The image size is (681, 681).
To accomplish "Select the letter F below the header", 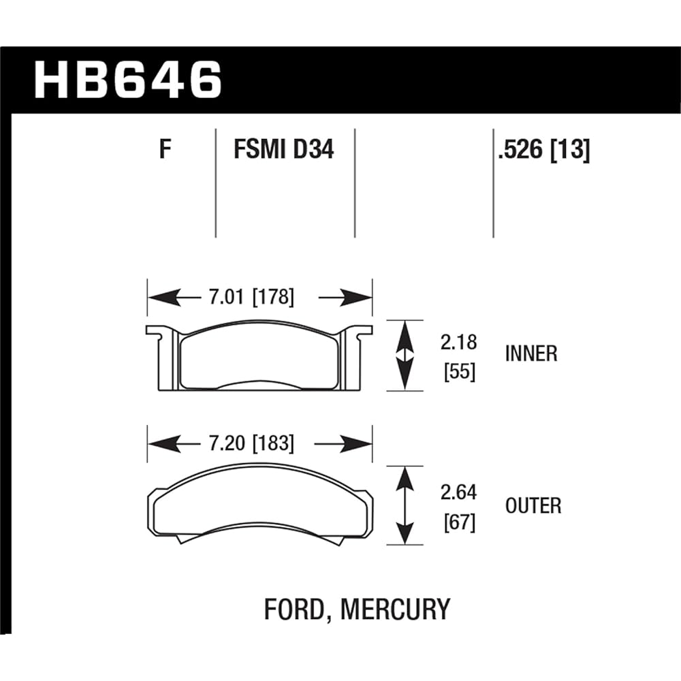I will (x=164, y=149).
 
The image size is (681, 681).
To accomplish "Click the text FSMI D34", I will (x=283, y=149).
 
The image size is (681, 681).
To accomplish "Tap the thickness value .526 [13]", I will (x=543, y=149).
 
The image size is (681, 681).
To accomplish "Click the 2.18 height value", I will (x=458, y=343).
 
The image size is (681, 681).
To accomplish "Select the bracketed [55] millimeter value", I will (x=458, y=373).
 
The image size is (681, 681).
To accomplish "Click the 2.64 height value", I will (x=458, y=492).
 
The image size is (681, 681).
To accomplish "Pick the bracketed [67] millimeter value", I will (x=458, y=523).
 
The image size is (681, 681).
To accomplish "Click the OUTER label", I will (x=533, y=506).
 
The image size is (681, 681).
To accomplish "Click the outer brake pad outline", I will (x=259, y=507).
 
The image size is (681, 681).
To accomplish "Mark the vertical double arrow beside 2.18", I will (x=405, y=355).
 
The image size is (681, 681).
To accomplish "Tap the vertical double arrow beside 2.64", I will (x=405, y=505).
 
